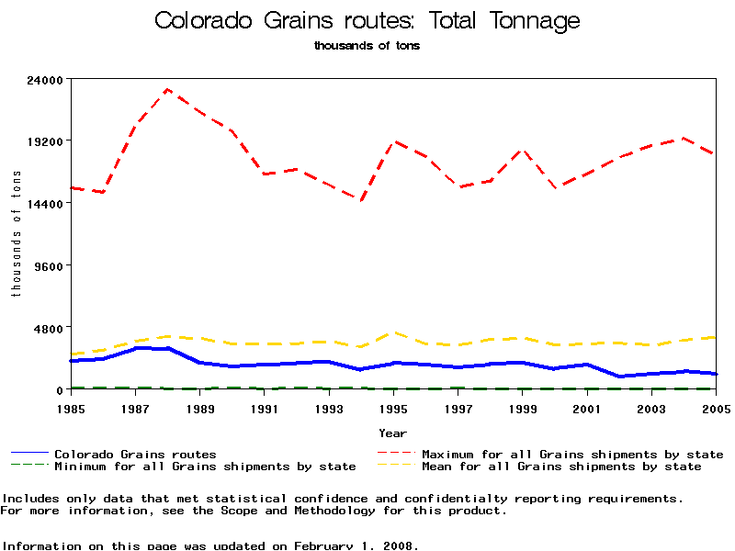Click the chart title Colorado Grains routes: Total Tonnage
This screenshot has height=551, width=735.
pos(367,20)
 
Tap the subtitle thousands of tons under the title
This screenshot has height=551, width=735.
pos(367,45)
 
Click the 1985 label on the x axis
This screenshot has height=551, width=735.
pos(71,408)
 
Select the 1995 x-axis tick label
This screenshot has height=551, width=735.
pos(394,408)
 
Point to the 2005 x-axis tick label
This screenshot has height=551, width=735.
pos(716,408)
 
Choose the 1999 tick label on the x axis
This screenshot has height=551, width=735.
pos(523,408)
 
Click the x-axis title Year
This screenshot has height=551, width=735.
pos(393,433)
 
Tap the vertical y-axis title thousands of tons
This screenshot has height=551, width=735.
pos(16,234)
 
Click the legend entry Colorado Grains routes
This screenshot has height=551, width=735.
pos(135,454)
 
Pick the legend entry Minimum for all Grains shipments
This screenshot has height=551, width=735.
pos(205,467)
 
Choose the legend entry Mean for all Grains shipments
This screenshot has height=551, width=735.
pos(561,467)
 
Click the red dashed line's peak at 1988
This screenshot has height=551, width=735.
pos(168,90)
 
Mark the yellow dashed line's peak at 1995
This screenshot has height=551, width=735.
pos(394,332)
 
